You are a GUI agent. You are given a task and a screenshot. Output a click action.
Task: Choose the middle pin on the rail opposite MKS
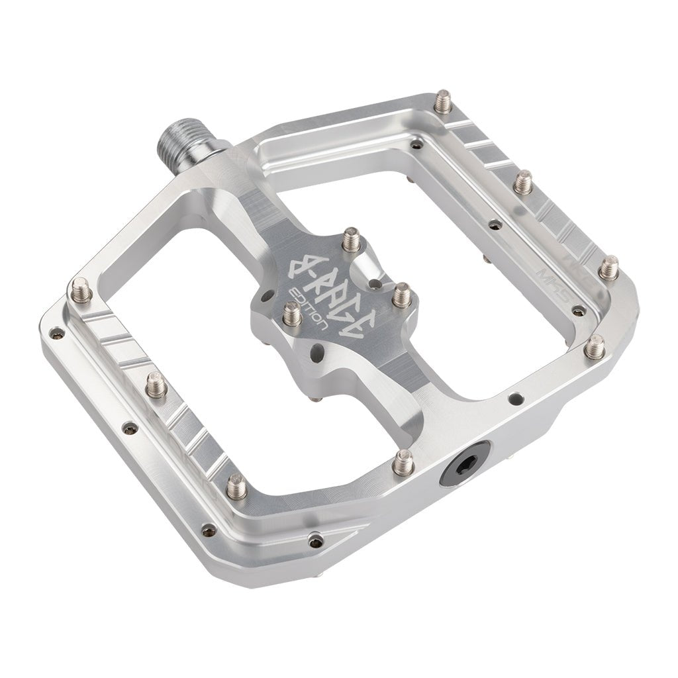(x=156, y=383)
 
